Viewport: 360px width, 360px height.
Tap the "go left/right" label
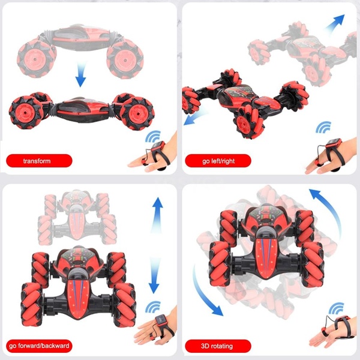(218, 161)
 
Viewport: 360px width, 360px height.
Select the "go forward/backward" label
(39, 346)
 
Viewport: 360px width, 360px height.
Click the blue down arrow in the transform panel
(81, 74)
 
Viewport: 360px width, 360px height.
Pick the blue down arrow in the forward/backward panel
(154, 275)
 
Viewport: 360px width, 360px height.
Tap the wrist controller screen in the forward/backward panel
(161, 320)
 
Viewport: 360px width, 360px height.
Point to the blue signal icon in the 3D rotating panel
(336, 308)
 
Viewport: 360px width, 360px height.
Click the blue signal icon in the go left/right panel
(323, 127)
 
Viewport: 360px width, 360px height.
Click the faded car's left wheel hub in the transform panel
(35, 59)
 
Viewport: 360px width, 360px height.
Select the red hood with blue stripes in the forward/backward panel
(78, 298)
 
